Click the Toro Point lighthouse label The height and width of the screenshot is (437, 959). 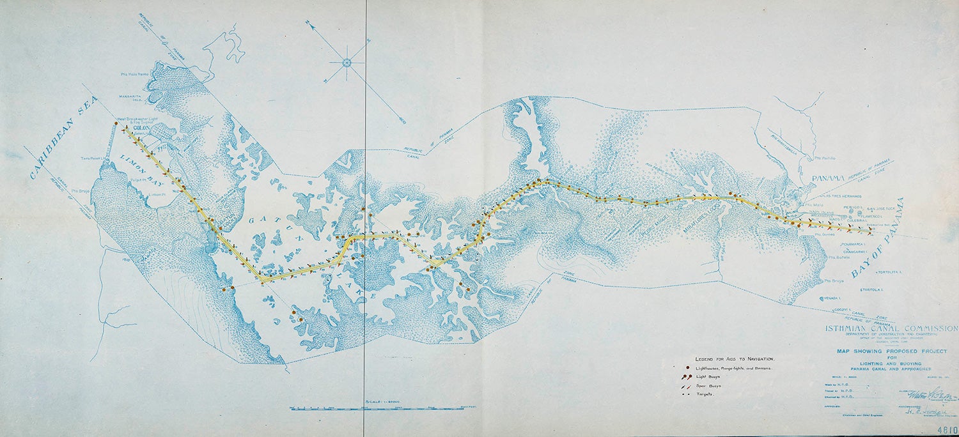[x=94, y=158]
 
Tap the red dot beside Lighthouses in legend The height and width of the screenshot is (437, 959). [x=687, y=369]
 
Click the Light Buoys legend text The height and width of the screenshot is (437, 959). [x=711, y=378]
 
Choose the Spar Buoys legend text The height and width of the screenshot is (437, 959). [x=711, y=386]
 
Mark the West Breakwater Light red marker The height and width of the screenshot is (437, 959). [x=116, y=123]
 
